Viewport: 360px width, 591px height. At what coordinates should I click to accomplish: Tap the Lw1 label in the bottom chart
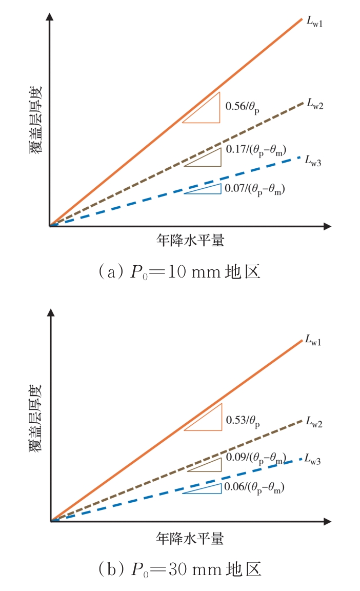[x=313, y=340]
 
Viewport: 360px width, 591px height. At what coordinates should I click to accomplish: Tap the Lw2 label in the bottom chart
[x=314, y=422]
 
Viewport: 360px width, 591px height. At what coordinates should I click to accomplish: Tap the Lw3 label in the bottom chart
[x=313, y=460]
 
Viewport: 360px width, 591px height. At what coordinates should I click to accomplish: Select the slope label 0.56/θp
[x=243, y=107]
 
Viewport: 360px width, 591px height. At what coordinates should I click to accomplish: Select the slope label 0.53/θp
[x=243, y=421]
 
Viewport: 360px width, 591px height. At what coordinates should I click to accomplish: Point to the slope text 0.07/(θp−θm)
[x=254, y=189]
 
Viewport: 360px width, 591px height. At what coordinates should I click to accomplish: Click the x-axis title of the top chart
[x=190, y=240]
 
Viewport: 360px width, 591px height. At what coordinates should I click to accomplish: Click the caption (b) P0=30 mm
[x=179, y=568]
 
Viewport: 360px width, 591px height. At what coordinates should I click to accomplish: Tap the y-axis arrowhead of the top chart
[x=50, y=16]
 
